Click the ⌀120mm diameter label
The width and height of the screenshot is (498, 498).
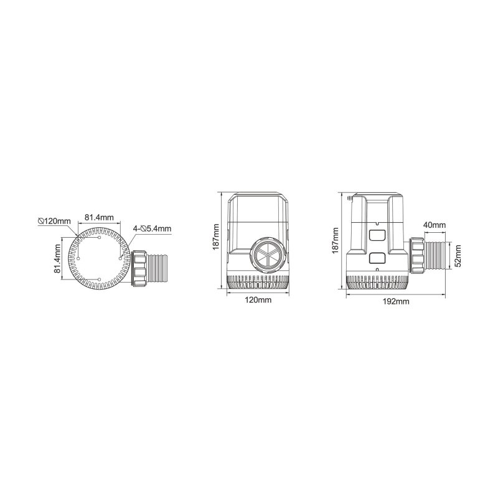coord(54,221)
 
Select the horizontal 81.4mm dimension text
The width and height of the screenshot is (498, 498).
coord(99,217)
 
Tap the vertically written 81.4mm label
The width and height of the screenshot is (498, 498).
coord(57,258)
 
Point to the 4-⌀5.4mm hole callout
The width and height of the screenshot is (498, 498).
coord(152,228)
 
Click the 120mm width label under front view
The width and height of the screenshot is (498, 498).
coord(258,300)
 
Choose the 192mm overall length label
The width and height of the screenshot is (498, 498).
coord(396,302)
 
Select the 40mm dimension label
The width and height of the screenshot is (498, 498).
coord(435,225)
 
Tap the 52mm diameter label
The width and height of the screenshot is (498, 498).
coord(458,256)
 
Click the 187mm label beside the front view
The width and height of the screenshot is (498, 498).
coord(216,237)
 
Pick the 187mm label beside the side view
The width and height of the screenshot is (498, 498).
coord(335,241)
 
